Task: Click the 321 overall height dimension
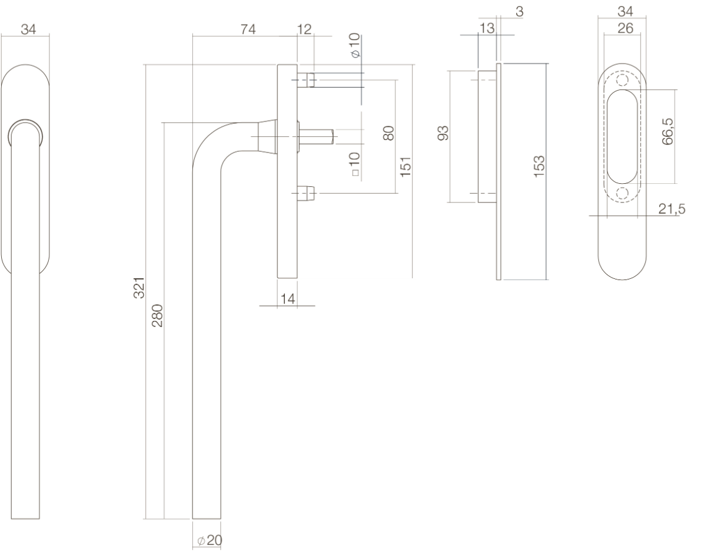pos(140,288)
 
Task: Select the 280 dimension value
pos(158,315)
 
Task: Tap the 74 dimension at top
pos(248,29)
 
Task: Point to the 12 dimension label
pos(304,29)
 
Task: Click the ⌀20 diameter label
pos(210,541)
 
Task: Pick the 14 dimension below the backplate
pos(287,299)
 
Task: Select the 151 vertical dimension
pos(405,167)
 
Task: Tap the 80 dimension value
pos(388,133)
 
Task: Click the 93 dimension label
pos(443,133)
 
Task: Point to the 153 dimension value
pos(540,166)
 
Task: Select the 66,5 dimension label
pos(668,131)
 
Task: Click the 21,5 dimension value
pos(672,209)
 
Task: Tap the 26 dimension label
pos(625,28)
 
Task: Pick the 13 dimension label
pos(487,28)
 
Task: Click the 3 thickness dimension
pos(519,12)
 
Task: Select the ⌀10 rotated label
pos(355,45)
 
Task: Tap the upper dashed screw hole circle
pos(622,80)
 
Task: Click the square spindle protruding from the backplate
pos(316,136)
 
